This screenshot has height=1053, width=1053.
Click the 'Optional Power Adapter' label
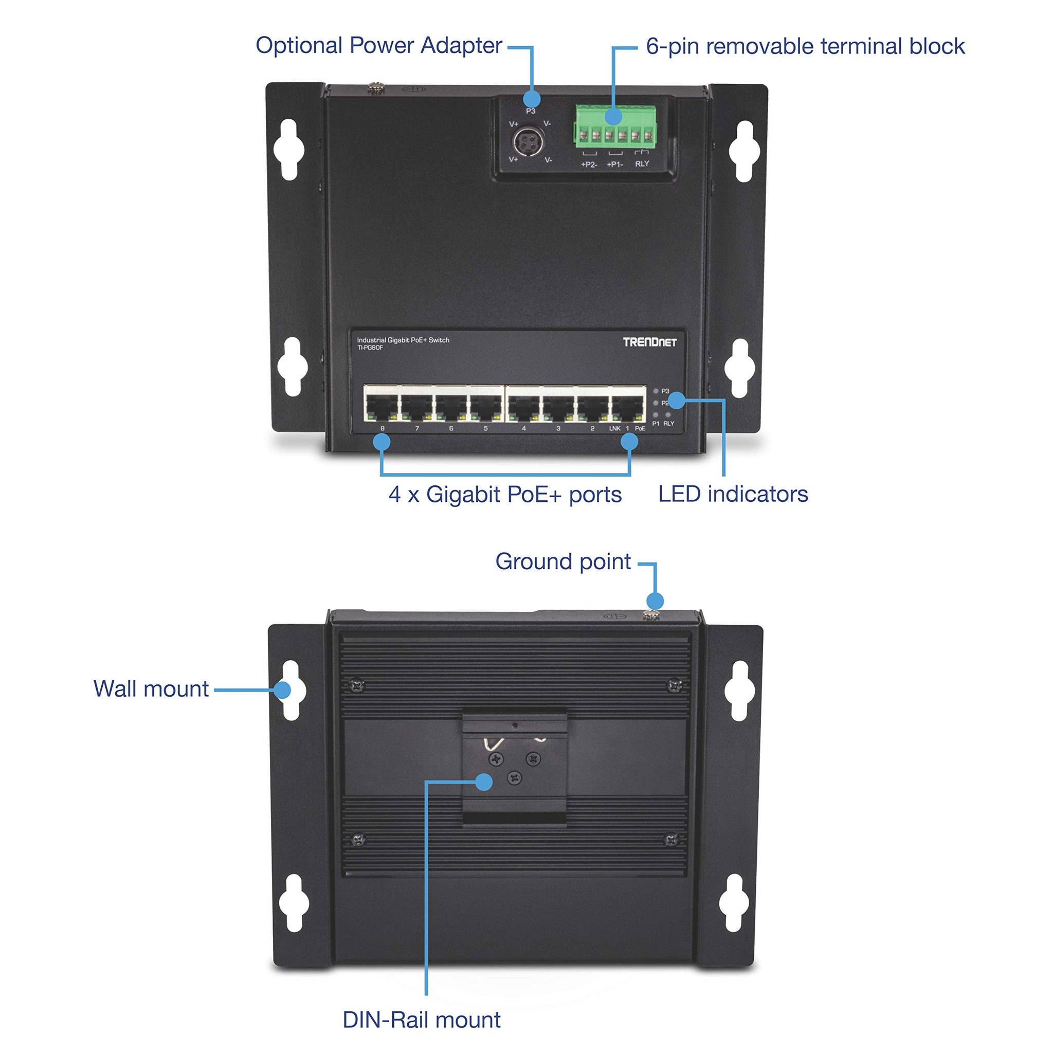(378, 45)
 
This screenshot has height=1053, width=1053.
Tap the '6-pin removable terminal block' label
(805, 46)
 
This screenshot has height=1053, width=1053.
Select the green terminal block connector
(615, 126)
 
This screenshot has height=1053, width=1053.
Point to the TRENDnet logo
(649, 342)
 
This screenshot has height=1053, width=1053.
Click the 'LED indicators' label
(733, 494)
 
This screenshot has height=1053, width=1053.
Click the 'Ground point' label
(562, 561)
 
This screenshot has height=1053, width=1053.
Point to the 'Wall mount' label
(151, 689)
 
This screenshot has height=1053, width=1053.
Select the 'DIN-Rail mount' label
(421, 1020)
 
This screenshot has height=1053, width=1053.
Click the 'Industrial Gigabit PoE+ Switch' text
(403, 340)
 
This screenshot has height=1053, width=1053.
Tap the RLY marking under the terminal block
(642, 164)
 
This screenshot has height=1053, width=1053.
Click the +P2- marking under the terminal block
(589, 164)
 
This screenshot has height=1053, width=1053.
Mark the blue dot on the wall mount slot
(282, 690)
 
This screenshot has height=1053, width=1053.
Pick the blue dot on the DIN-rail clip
(483, 782)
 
